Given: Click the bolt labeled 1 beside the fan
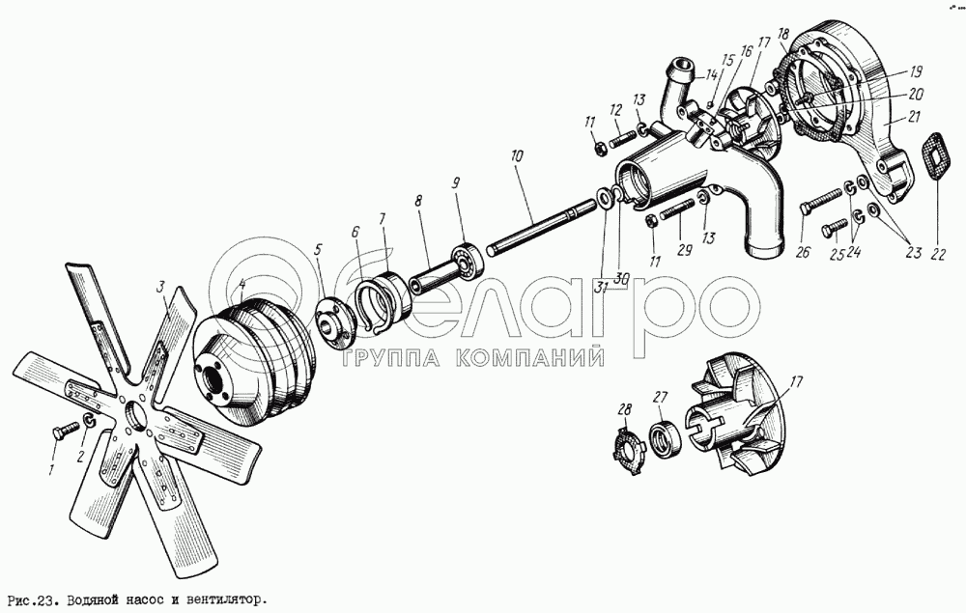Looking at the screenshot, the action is tap(66, 430).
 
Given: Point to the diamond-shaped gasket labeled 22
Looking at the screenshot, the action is tap(936, 156).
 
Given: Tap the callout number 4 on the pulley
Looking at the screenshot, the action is tap(242, 285).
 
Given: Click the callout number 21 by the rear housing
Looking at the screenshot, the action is tap(913, 117).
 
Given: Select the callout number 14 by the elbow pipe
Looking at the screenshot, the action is tap(711, 75).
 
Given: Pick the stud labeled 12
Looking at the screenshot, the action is tap(622, 138).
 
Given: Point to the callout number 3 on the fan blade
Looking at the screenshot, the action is tap(160, 286).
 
